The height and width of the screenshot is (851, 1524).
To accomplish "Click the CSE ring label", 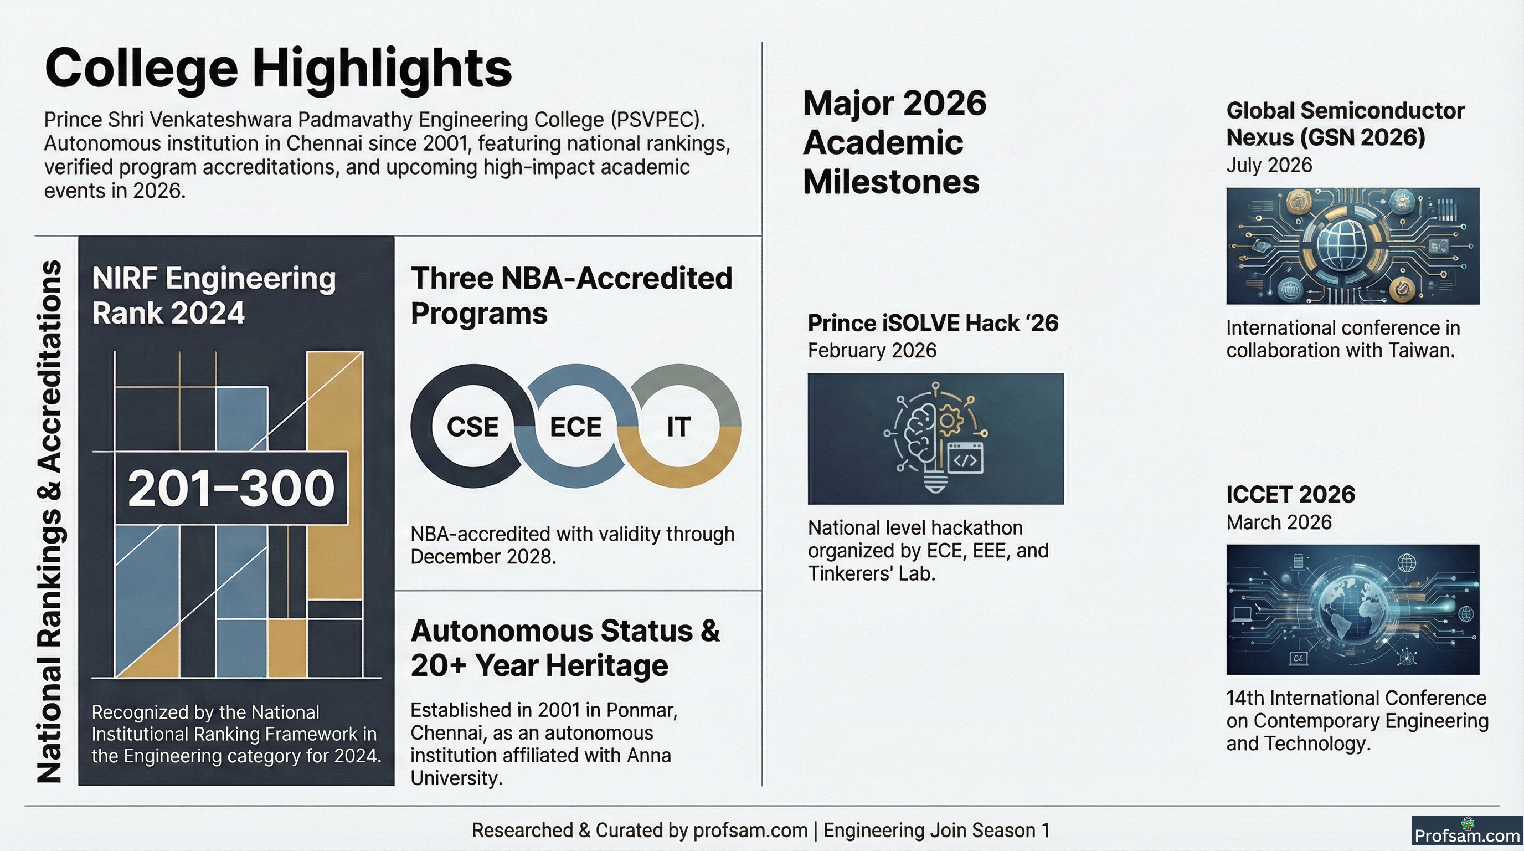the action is tap(472, 427).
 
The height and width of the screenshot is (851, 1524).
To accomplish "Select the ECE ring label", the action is tap(575, 427).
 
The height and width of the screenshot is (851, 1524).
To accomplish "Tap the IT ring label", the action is tap(678, 427).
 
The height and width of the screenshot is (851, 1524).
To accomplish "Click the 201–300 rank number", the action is tap(231, 488).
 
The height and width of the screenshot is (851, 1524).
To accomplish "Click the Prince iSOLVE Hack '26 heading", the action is tap(933, 323).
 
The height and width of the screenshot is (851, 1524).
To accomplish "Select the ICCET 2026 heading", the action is tap(1290, 494).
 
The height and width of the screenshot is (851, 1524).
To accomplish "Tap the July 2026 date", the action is tap(1269, 165).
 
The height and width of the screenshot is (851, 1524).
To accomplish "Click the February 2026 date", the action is tap(872, 350).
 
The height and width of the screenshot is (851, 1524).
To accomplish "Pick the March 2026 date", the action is tap(1279, 522).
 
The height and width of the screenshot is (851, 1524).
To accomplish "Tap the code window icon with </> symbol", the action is tap(966, 458).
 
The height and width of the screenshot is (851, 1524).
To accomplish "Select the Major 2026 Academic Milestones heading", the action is tap(894, 142).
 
